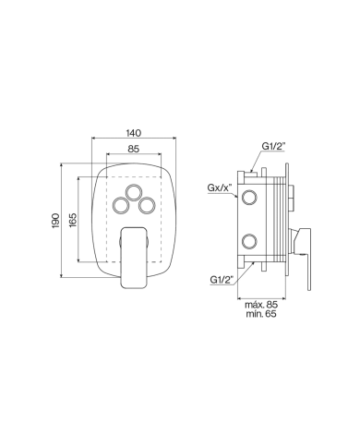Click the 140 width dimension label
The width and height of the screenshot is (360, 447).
coord(134,133)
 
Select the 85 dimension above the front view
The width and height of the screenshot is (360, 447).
coord(134,149)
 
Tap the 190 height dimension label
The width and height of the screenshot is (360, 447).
coord(55,221)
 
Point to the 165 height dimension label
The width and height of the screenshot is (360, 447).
coord(73,220)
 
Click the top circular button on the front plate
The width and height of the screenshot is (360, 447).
coord(134,193)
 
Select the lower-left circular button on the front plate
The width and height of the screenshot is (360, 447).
coord(121,205)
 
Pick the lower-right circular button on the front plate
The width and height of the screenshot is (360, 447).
coord(147,205)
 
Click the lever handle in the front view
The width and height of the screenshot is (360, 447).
coord(134,258)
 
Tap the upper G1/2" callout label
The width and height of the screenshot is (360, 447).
coord(273,146)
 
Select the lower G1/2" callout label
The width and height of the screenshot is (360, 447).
coord(222,280)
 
